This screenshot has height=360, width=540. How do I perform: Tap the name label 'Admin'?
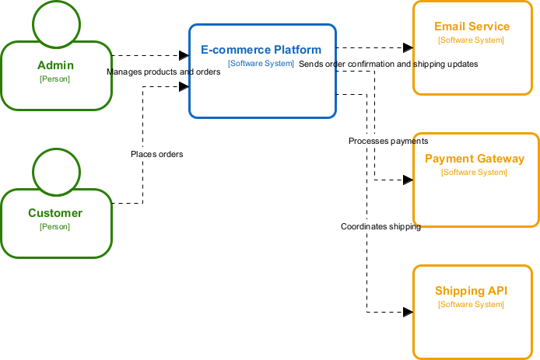(x=54, y=65)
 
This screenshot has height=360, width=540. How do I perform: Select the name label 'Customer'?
(x=54, y=213)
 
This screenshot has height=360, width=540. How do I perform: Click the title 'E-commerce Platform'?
(x=261, y=50)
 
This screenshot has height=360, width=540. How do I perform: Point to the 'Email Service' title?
(x=472, y=26)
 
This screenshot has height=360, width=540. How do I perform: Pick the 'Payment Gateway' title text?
(x=474, y=159)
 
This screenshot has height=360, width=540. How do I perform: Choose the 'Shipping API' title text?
(x=471, y=291)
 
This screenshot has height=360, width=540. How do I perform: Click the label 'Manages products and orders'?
(x=163, y=72)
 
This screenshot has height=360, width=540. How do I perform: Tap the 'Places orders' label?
(x=156, y=154)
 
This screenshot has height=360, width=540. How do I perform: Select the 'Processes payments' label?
(x=388, y=141)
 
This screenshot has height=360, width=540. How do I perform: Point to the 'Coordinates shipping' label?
(x=380, y=226)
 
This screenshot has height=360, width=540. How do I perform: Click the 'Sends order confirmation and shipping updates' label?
(x=388, y=64)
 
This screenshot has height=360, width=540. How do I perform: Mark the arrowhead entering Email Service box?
(x=407, y=47)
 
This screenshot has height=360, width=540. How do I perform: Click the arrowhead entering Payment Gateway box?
(x=407, y=180)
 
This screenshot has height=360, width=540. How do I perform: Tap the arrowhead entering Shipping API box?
(x=407, y=312)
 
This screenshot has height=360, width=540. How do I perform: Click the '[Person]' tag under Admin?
(x=54, y=79)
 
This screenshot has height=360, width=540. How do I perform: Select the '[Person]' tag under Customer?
(x=54, y=226)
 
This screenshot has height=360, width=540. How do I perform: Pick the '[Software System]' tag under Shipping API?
(x=471, y=304)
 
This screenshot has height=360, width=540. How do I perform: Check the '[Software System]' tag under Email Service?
(x=472, y=39)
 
